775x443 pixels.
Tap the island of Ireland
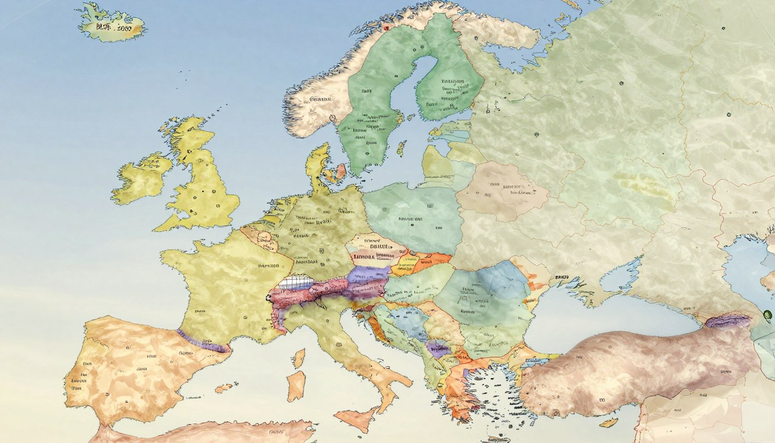141,179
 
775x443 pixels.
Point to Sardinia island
296,385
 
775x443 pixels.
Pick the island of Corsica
299,358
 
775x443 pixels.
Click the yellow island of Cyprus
608,423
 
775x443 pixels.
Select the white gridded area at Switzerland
295,283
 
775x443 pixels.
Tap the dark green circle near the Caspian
767,314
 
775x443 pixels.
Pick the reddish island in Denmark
340,171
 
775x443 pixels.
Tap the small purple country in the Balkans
438,348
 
